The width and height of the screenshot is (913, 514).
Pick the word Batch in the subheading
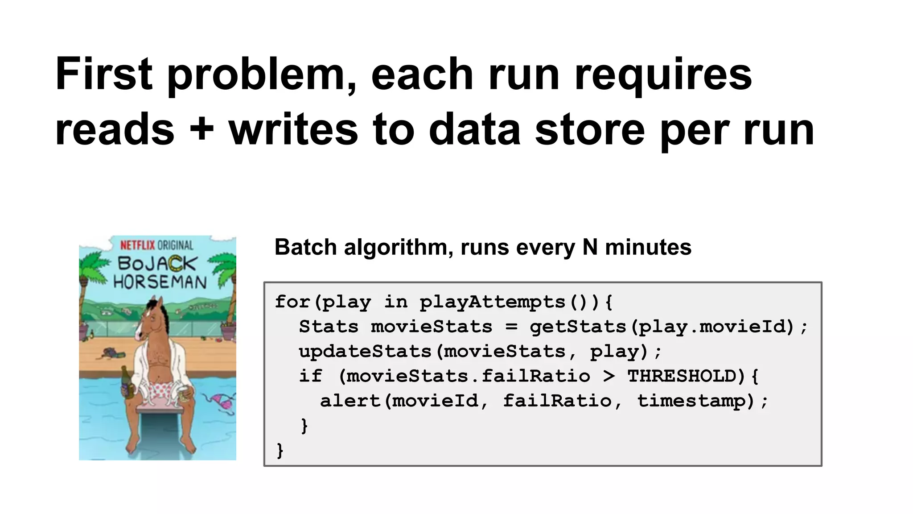pos(305,247)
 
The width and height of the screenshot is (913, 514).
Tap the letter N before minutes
pos(590,247)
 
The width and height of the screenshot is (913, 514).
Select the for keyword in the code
pos(292,302)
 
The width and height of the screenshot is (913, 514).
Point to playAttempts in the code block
pos(493,303)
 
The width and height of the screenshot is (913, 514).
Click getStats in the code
pos(578,327)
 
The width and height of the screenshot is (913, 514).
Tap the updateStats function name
pos(365,352)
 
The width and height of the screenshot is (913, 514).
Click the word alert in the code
pos(350,401)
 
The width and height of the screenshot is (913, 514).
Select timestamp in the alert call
pos(691,401)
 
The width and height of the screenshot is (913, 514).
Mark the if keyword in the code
pos(310,376)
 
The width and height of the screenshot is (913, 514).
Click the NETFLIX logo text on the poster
pos(138,245)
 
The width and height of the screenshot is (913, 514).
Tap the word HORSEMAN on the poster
pos(160,282)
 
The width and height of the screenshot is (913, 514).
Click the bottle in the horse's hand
pos(128,382)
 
